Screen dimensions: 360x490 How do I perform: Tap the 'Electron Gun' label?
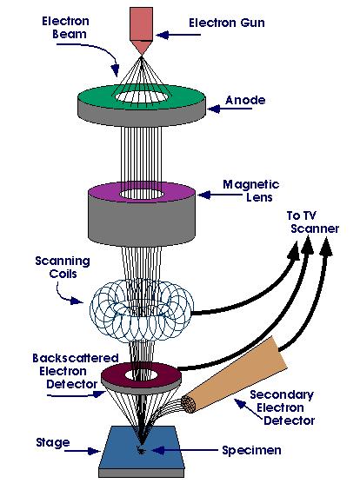[227, 23]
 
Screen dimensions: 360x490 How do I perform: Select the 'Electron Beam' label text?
[66, 28]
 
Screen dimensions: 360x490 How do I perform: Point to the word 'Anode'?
[245, 100]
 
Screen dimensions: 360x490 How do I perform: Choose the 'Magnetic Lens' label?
[250, 190]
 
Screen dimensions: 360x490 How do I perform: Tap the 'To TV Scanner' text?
[313, 222]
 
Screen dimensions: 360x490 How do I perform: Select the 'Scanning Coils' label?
[63, 268]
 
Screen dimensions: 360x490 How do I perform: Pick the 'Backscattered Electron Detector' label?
[76, 371]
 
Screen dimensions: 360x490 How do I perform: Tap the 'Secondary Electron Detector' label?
[282, 407]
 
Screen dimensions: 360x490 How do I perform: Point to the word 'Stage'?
[53, 443]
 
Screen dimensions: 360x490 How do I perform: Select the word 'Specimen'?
[252, 450]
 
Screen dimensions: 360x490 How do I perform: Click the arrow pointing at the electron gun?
[178, 35]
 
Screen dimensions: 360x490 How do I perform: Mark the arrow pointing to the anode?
[230, 109]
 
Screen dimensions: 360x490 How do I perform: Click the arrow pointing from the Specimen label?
[184, 450]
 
